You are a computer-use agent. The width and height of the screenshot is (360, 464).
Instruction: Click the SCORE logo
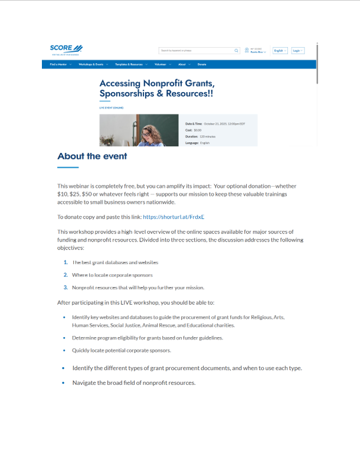(x=66, y=48)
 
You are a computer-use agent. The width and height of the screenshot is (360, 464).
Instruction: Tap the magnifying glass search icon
(x=237, y=51)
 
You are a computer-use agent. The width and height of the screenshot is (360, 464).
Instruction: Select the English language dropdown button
(x=280, y=51)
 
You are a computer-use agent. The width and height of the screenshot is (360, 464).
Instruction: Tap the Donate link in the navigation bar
(x=202, y=64)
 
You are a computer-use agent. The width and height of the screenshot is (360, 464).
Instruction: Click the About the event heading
(x=92, y=156)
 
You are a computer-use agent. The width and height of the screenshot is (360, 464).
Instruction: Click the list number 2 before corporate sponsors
(x=66, y=275)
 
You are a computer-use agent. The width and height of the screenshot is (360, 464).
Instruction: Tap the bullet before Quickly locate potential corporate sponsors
(x=64, y=351)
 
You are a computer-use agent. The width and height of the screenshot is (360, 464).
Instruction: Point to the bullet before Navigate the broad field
(x=64, y=383)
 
